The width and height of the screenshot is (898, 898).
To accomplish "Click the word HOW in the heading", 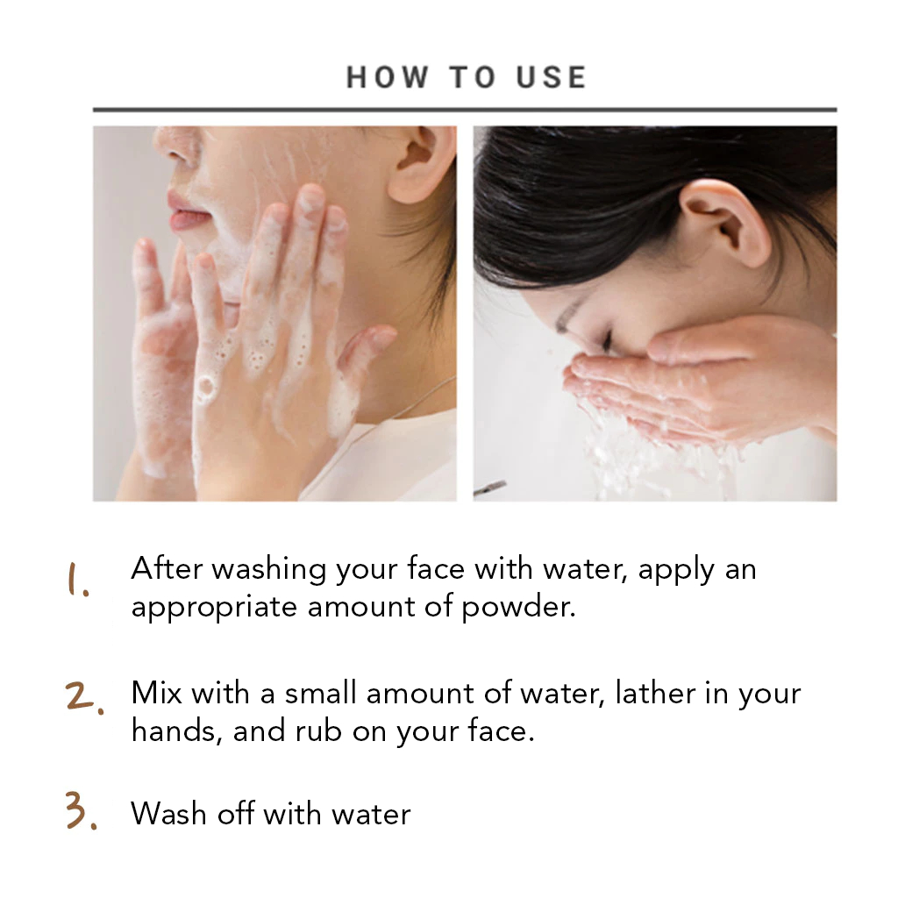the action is click(388, 77).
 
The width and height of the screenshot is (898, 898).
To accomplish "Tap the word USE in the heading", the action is click(552, 77).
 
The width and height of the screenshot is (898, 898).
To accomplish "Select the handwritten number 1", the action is click(78, 580).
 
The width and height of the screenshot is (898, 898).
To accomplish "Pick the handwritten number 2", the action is click(84, 696).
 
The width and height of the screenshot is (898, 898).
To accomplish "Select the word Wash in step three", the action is click(168, 813).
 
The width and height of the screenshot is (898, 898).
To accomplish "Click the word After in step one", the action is click(167, 568).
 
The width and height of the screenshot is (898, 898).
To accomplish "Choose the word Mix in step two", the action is click(156, 693).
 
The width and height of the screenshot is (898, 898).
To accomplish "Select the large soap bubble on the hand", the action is click(205, 388).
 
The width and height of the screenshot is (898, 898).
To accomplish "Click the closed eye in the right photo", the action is click(606, 339).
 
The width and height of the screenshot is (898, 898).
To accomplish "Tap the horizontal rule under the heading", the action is click(465, 110).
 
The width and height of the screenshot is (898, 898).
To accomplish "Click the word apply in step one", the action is click(676, 570).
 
